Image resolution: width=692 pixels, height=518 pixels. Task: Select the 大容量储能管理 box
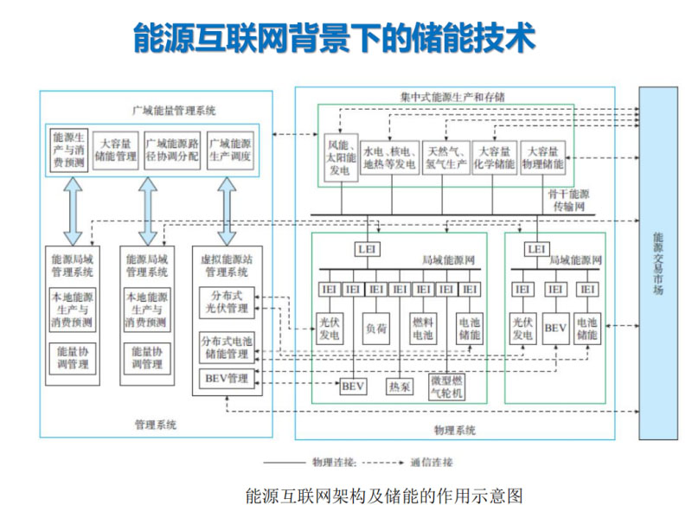point(115,150)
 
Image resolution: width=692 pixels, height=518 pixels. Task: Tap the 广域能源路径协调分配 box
point(172,150)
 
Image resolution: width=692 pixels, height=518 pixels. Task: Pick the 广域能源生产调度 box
point(229,150)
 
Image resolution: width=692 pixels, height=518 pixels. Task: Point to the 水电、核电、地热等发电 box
point(389,156)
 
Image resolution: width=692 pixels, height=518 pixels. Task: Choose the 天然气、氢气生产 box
point(445,156)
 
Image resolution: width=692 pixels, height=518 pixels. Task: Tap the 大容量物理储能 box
point(544,156)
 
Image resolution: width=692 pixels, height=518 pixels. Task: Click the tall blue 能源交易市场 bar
point(658,264)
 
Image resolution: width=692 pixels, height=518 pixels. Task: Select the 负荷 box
point(376,328)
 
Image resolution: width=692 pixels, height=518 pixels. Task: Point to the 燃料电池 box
point(423,328)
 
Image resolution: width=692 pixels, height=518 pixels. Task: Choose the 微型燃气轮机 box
point(446,387)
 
